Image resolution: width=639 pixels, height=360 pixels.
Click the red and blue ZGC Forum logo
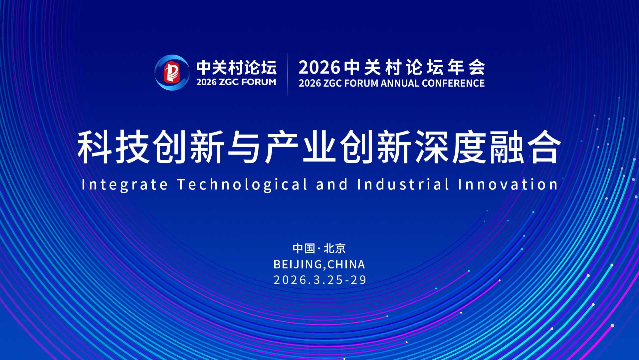[172, 73]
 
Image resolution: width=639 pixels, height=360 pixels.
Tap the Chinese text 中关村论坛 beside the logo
[236, 68]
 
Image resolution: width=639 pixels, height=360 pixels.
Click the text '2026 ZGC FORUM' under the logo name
[236, 82]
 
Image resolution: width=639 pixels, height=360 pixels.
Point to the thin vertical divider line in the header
[288, 74]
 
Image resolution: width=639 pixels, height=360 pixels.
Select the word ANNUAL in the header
[400, 83]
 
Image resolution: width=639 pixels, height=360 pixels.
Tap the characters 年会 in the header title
[466, 67]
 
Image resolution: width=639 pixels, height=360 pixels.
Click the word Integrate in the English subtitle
[125, 184]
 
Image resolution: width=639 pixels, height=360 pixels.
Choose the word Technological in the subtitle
[242, 184]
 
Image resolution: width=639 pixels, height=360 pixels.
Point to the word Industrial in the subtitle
[403, 184]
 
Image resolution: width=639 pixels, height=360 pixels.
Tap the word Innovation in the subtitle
[508, 184]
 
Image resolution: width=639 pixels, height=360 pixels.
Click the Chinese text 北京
[335, 248]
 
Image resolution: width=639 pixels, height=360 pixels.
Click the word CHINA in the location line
[346, 264]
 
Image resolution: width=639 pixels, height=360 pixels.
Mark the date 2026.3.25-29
[320, 280]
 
